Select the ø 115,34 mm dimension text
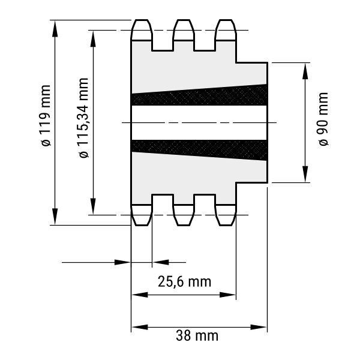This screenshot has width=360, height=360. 83,118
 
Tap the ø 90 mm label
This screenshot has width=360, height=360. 324,119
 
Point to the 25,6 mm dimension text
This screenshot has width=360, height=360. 184,282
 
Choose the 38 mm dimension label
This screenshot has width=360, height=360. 197,335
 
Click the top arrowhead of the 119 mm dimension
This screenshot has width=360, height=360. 55,29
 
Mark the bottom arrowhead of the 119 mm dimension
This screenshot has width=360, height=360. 55,217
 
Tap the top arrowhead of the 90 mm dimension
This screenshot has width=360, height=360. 305,71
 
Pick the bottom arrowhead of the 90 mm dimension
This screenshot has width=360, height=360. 305,174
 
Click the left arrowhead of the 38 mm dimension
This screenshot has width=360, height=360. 140,327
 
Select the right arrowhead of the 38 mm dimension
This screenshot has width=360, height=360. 259,327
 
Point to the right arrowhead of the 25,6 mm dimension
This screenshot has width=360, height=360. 228,295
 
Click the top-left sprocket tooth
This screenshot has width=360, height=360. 142,30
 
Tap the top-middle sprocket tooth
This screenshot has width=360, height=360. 184,30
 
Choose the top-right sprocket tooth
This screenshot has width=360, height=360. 226,30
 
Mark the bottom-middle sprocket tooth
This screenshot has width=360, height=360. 184,215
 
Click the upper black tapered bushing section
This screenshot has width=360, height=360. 199,95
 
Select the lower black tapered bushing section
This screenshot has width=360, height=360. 199,150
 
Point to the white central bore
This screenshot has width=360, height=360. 199,122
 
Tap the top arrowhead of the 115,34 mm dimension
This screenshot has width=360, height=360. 93,39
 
